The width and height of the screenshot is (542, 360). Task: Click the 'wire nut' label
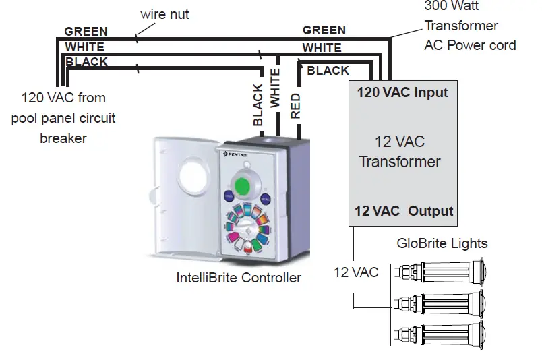click(x=164, y=15)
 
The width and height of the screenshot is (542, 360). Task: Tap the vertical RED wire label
click(x=295, y=106)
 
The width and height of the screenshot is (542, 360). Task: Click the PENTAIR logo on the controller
click(x=236, y=154)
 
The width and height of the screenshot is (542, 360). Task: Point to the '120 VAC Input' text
click(x=402, y=92)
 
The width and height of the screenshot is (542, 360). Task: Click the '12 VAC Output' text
click(x=404, y=211)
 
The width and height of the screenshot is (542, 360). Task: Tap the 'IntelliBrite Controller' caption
click(x=239, y=278)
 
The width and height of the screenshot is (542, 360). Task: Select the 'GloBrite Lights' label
click(x=442, y=243)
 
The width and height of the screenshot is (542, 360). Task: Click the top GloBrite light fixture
click(x=442, y=272)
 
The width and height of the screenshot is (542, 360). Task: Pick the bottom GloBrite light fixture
click(x=442, y=334)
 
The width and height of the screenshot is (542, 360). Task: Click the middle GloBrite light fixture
click(x=442, y=303)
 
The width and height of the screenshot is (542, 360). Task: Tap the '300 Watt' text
click(x=452, y=5)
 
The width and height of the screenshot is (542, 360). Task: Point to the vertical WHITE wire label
click(x=275, y=88)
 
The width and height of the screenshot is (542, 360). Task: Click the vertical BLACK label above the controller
click(x=258, y=104)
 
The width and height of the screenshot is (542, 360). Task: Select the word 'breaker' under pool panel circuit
click(x=63, y=138)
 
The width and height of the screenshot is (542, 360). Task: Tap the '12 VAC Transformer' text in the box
click(x=400, y=152)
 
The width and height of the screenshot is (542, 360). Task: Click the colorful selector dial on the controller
click(x=247, y=229)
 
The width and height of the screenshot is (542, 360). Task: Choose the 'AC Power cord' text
click(x=470, y=45)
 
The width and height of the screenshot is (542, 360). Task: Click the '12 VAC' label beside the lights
click(x=356, y=272)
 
